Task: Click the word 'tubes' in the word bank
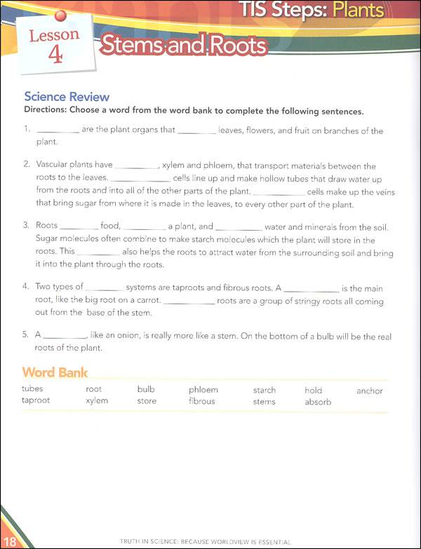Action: [32, 390]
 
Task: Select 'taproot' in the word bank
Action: [36, 401]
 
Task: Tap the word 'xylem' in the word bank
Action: [96, 401]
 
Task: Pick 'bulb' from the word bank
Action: [146, 390]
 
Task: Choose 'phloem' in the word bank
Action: [203, 390]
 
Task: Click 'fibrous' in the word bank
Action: [201, 401]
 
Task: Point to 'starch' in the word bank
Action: [265, 390]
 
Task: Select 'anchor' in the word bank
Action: [369, 390]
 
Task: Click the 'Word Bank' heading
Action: [55, 372]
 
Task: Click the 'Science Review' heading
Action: [67, 97]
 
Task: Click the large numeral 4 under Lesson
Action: [55, 55]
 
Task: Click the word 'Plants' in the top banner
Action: [358, 11]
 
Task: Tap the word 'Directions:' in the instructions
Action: [47, 111]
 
